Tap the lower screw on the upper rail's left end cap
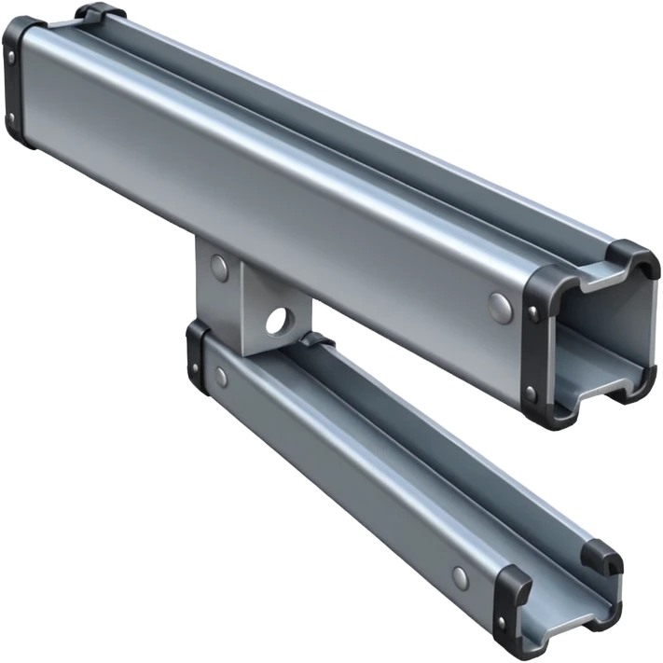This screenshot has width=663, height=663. [x=12, y=117]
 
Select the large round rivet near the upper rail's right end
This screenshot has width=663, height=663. [x=500, y=303]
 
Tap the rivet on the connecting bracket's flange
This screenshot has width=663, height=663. [x=218, y=267]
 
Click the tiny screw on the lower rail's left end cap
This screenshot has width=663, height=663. [x=194, y=339]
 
